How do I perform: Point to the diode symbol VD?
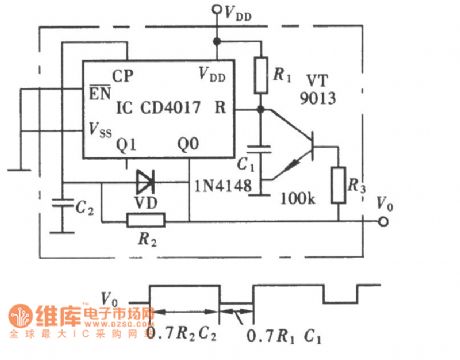[x=146, y=181]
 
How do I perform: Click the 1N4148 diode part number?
[x=219, y=187]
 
